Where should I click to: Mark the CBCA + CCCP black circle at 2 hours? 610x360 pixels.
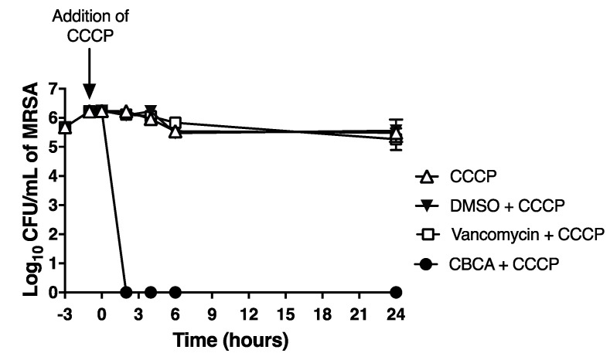pyautogui.click(x=126, y=293)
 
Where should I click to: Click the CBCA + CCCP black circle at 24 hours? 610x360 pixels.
pyautogui.click(x=397, y=293)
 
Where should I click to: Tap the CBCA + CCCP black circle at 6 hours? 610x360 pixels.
pyautogui.click(x=176, y=293)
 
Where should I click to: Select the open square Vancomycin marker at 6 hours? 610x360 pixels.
pyautogui.click(x=176, y=124)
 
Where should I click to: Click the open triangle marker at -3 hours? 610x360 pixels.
pyautogui.click(x=65, y=127)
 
